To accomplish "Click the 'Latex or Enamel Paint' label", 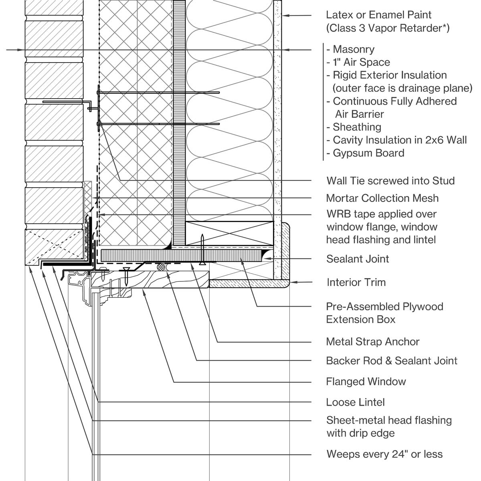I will tap(378, 15).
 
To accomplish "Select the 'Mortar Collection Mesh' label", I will tap(382, 198).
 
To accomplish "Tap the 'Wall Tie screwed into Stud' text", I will tap(390, 181).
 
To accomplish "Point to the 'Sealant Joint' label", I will tap(358, 259).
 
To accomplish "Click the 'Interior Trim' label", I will tap(356, 282).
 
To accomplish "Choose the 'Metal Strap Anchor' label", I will tap(372, 342).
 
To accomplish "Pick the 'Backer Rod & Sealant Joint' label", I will tap(392, 361).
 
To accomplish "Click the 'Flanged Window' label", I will tap(366, 382).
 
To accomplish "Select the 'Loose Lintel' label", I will tap(356, 402).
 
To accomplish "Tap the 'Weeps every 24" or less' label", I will tap(384, 454).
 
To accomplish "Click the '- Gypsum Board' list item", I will tap(365, 153).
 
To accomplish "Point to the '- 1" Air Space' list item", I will tap(358, 63).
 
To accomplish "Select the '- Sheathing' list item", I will tap(354, 127).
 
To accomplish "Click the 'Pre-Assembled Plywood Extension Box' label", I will tap(384, 313).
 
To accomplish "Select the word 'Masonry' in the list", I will tap(354, 49).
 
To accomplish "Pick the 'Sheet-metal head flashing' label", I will tap(389, 420).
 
